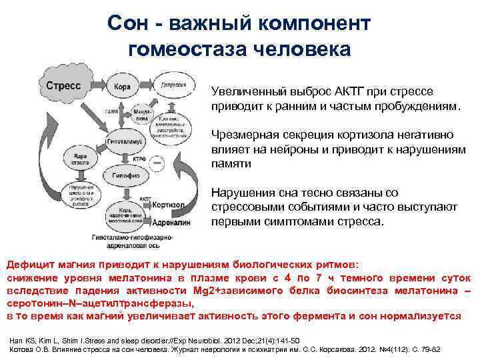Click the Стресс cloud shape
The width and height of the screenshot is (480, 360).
pyautogui.click(x=64, y=87)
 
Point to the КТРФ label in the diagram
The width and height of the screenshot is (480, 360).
pyautogui.click(x=158, y=160)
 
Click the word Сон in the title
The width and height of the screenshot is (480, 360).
pyautogui.click(x=124, y=24)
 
